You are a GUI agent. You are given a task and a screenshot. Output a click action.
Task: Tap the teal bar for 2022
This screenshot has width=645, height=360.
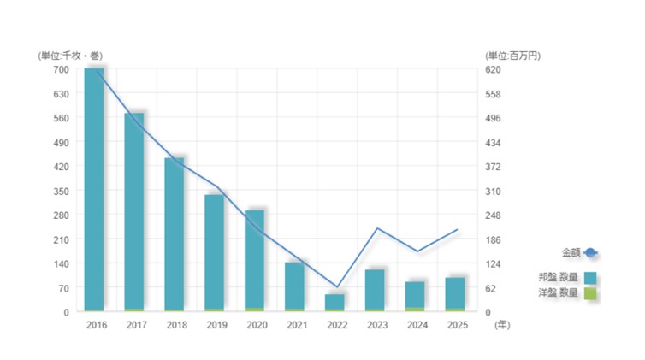click(334, 302)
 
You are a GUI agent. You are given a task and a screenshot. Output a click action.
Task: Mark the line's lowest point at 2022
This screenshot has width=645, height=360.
click(337, 287)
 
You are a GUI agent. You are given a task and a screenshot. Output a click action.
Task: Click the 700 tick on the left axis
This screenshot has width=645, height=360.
click(59, 69)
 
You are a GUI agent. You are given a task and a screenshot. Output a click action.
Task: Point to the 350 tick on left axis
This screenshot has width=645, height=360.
click(59, 191)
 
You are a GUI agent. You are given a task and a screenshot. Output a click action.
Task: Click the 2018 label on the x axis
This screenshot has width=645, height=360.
click(176, 326)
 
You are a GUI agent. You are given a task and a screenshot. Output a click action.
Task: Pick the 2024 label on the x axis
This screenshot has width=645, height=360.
click(417, 326)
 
